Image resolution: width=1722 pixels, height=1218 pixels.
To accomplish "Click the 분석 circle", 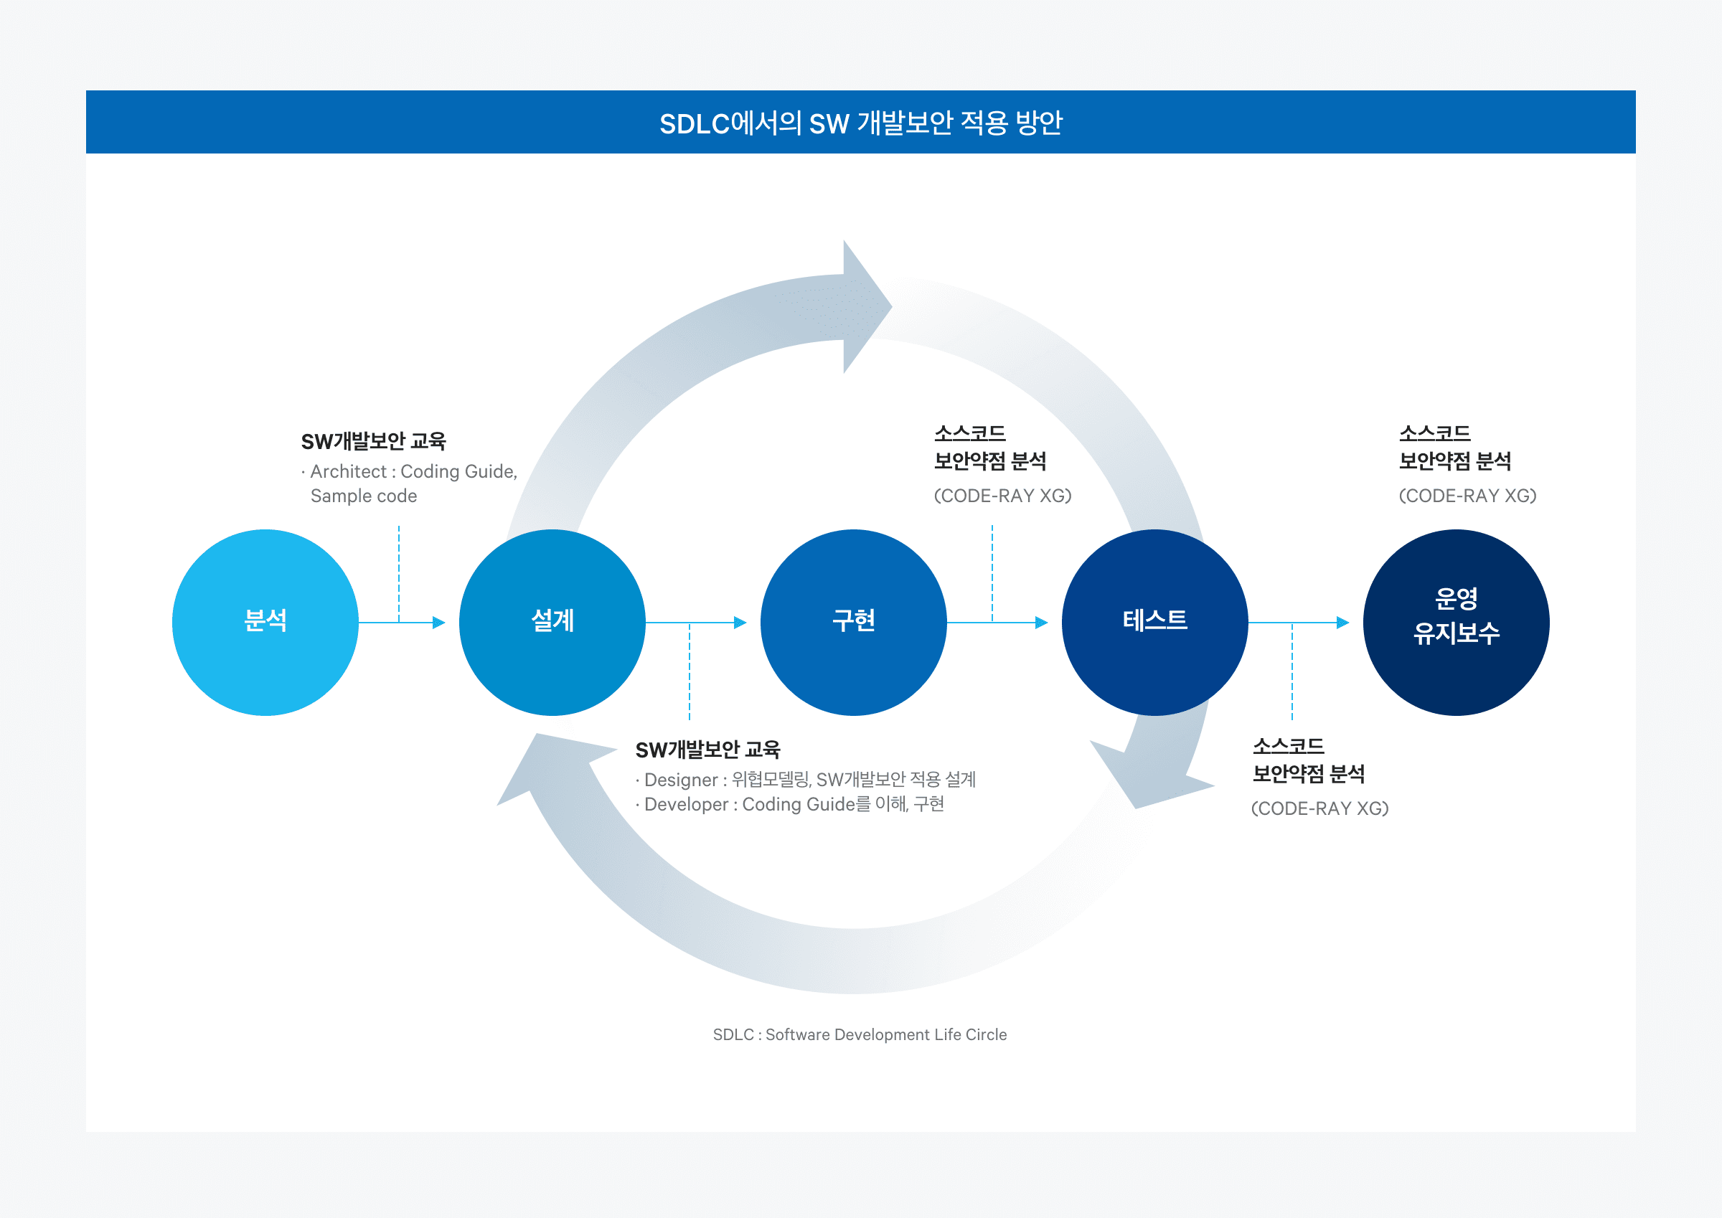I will (265, 623).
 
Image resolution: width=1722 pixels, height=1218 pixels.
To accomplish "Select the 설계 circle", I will (552, 623).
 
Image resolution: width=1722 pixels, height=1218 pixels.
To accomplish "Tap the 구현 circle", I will (854, 623).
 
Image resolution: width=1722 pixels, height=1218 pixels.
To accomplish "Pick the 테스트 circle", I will (1155, 623).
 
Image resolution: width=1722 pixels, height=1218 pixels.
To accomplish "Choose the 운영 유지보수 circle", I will (1456, 623).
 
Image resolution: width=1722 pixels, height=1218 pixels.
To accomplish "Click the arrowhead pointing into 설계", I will (440, 623).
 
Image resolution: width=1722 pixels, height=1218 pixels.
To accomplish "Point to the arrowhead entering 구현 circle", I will (740, 623).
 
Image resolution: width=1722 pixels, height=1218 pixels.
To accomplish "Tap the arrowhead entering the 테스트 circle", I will (1042, 623).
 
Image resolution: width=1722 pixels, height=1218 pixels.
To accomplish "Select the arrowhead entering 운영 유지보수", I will (1343, 623).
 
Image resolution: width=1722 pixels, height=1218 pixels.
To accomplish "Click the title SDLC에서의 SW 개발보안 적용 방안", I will (860, 123).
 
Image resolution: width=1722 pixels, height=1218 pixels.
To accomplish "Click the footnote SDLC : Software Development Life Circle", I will (860, 1034).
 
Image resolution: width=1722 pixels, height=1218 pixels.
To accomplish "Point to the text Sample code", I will (364, 496).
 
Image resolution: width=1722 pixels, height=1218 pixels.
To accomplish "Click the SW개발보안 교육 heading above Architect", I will (374, 441).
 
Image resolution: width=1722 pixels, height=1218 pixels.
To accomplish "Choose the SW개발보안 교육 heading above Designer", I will (707, 750).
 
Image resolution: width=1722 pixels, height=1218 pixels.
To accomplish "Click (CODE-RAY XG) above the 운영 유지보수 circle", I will (1468, 496).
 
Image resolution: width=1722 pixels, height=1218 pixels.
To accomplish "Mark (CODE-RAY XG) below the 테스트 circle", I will (1320, 808).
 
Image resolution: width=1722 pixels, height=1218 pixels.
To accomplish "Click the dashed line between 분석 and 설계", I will (399, 574).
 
